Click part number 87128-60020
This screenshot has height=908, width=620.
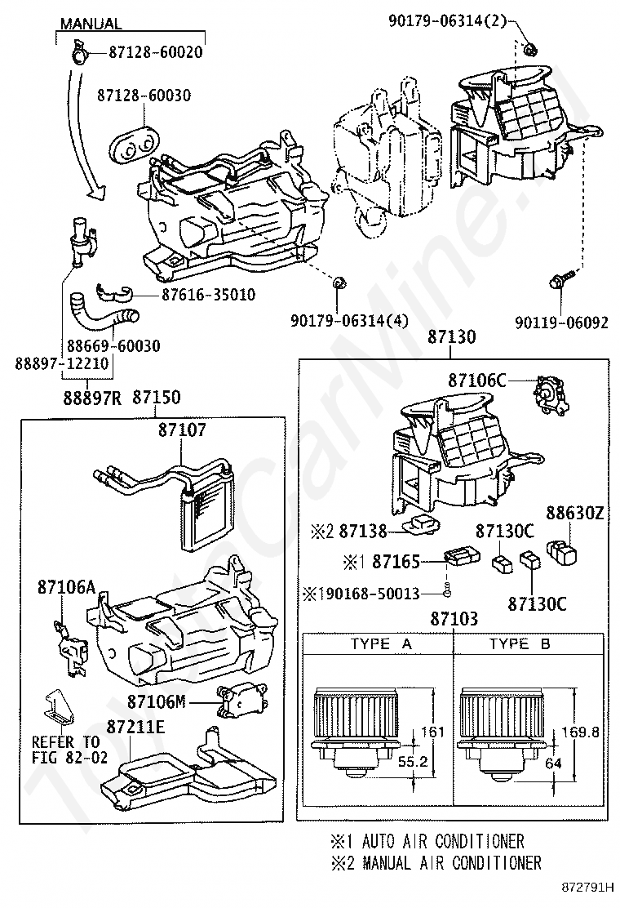pyautogui.click(x=156, y=52)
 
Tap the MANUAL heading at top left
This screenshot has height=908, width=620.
pyautogui.click(x=91, y=24)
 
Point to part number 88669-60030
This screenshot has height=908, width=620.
pyautogui.click(x=114, y=346)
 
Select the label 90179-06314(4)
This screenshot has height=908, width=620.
pyautogui.click(x=348, y=322)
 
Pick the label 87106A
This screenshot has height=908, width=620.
pyautogui.click(x=67, y=587)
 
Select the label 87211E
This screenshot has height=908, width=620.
pyautogui.click(x=136, y=725)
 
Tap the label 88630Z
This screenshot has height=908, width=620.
pyautogui.click(x=575, y=514)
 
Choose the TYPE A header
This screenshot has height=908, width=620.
pyautogui.click(x=380, y=644)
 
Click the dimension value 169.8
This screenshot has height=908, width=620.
pyautogui.click(x=585, y=732)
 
